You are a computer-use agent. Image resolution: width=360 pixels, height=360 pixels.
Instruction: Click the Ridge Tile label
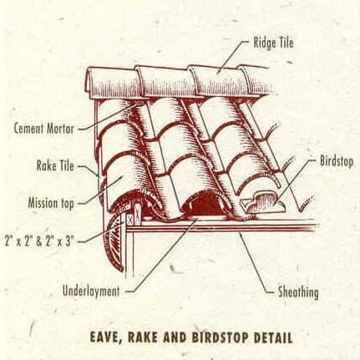tap(273, 43)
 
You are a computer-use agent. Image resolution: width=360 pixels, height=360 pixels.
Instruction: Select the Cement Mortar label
tap(44, 129)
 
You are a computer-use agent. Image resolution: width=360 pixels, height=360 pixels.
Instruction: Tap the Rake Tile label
tap(55, 166)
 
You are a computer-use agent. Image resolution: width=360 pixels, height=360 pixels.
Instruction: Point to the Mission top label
tap(51, 203)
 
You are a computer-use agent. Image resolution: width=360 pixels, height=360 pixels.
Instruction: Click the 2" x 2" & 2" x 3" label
tap(39, 241)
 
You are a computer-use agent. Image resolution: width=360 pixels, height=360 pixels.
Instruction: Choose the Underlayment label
tap(91, 292)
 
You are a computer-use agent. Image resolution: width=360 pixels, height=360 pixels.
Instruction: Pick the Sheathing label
tap(298, 292)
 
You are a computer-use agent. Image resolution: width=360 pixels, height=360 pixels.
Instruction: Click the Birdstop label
tap(337, 161)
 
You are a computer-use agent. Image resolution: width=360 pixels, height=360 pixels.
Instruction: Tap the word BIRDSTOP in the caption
tap(220, 337)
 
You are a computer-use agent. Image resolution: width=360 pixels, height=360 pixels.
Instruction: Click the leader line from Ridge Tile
tap(232, 57)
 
